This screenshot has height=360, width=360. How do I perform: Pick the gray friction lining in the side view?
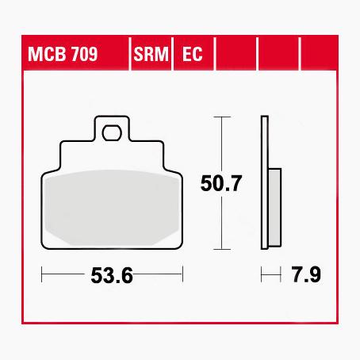(x=275, y=207)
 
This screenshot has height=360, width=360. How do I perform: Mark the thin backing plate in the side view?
(x=266, y=182)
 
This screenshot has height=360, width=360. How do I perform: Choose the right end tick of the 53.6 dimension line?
(x=183, y=277)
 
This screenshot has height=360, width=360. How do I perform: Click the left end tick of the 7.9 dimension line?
(x=263, y=277)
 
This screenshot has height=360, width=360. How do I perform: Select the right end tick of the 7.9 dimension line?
(x=281, y=277)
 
